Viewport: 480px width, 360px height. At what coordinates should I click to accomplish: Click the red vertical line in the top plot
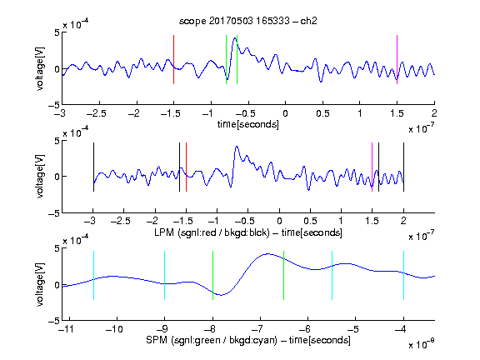[173, 59]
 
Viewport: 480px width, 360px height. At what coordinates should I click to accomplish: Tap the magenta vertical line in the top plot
[397, 59]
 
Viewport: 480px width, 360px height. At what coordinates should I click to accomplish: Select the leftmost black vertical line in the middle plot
[93, 167]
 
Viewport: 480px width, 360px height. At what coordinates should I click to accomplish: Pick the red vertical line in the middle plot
[186, 167]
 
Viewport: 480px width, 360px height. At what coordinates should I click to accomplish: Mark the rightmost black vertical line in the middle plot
[404, 167]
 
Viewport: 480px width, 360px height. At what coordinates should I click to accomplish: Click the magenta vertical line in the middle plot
[372, 167]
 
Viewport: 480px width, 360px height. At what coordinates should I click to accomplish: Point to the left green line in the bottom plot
[212, 275]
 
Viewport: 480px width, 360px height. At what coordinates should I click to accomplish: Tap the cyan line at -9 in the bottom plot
[165, 275]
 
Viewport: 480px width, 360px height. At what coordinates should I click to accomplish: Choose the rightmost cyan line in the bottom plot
[404, 275]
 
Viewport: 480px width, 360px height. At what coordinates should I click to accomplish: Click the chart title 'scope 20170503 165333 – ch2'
[248, 21]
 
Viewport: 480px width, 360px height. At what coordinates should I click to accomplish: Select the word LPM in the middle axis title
[164, 232]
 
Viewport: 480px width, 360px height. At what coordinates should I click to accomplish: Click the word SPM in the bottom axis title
[157, 340]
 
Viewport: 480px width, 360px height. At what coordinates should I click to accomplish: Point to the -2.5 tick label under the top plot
[96, 113]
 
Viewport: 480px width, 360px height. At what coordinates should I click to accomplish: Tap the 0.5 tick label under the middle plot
[310, 221]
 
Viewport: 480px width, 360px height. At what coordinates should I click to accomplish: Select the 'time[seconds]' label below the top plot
[248, 124]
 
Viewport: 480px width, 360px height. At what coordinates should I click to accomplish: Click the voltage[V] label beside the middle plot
[40, 177]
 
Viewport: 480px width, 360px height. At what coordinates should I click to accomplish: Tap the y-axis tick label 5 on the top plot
[57, 32]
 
